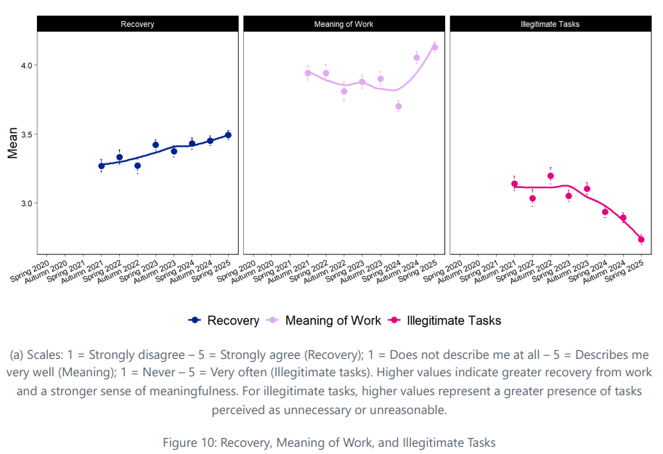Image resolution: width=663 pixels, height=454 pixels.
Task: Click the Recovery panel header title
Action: [137, 24]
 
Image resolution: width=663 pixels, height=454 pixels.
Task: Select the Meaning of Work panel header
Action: [343, 24]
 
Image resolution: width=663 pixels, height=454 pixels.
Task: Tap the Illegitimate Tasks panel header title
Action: [550, 24]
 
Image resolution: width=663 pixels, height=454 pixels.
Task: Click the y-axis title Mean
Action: [12, 143]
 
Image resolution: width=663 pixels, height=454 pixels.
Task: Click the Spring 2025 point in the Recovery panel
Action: [228, 135]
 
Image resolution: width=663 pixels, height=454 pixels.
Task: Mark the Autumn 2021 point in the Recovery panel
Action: [102, 166]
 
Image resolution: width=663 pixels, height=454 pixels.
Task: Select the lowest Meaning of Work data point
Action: [399, 106]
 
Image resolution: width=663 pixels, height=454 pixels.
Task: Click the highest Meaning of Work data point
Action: [435, 48]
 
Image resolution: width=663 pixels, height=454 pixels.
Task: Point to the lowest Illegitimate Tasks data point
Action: [641, 239]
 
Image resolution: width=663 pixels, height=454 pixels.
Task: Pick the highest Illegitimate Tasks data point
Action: [550, 176]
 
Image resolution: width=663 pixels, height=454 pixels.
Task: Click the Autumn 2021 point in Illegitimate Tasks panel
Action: [514, 184]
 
